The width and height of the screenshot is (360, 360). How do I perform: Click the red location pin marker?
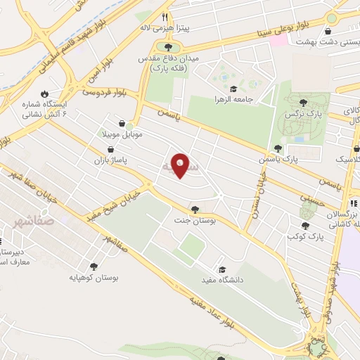(x=181, y=165)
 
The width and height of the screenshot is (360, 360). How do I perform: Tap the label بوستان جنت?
(x=193, y=220)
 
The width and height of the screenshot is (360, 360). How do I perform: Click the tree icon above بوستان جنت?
(x=194, y=209)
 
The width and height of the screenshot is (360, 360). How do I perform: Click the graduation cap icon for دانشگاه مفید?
(x=222, y=269)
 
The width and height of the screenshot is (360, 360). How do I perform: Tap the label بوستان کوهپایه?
(x=95, y=278)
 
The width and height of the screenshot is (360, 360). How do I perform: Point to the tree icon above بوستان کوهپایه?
(x=94, y=266)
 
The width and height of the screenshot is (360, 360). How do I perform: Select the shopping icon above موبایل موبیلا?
(x=123, y=122)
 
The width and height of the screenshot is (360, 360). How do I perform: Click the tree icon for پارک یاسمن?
(x=278, y=148)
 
